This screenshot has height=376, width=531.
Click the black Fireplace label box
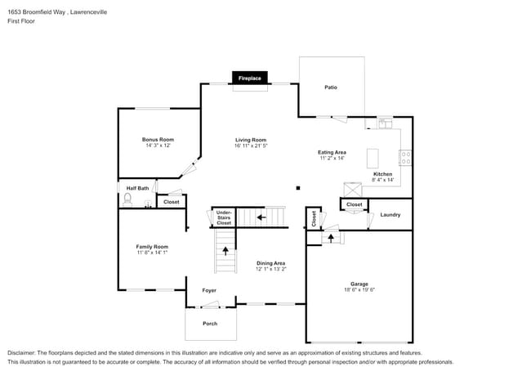tap(249, 78)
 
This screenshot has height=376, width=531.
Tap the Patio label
tap(331, 87)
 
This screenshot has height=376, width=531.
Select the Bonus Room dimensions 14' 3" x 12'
tap(158, 145)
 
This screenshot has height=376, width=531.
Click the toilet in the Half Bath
tap(127, 198)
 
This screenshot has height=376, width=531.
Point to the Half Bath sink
tap(149, 204)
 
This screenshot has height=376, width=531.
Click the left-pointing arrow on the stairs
tap(261, 217)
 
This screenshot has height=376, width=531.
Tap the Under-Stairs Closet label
tap(223, 217)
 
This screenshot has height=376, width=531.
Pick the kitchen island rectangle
tap(373, 157)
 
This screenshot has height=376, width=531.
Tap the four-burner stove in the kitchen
tap(405, 157)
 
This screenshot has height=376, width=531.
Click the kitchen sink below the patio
tap(385, 124)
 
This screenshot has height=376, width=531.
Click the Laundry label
tap(390, 215)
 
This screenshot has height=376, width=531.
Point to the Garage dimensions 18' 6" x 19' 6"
tap(359, 289)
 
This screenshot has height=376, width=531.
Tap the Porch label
tap(210, 324)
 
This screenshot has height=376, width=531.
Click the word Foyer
tap(210, 290)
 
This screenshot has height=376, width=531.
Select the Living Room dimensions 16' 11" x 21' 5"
tap(251, 145)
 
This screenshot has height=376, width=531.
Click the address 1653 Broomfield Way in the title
tap(40, 12)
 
